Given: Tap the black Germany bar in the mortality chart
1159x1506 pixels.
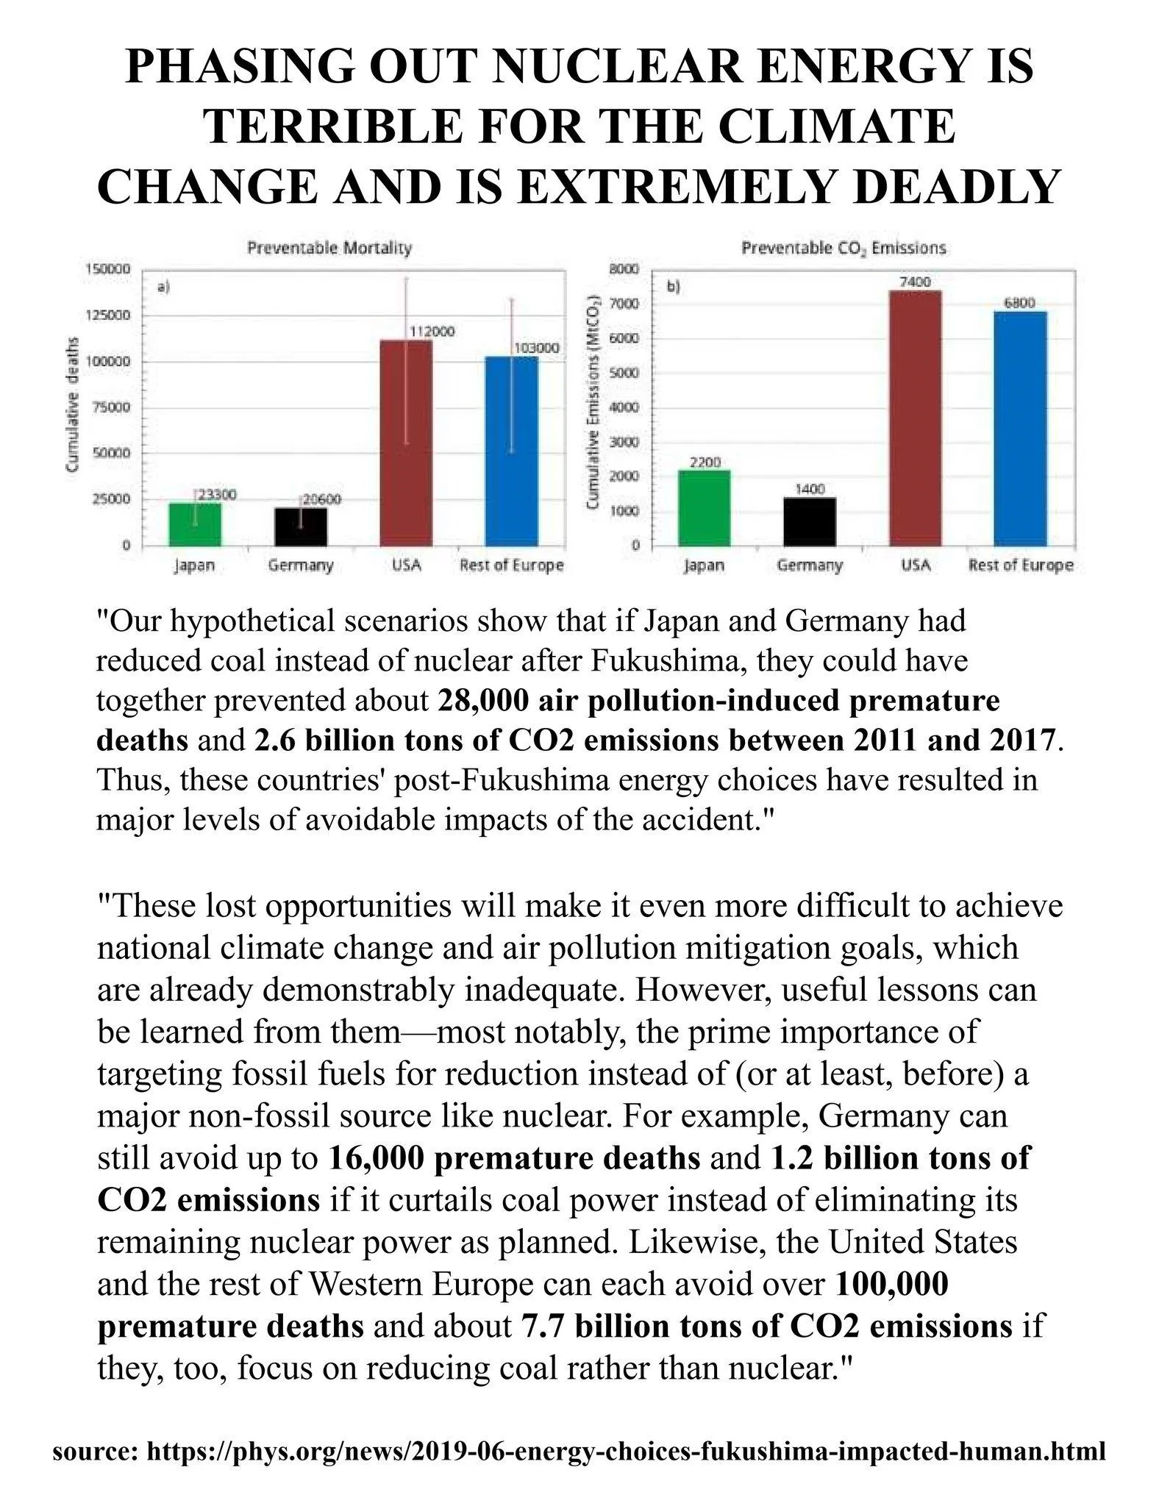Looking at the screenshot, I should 301,527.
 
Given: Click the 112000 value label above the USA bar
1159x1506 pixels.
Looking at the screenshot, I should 432,332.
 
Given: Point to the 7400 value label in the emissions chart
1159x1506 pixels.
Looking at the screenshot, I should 914,282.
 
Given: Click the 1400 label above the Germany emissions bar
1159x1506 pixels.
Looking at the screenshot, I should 810,488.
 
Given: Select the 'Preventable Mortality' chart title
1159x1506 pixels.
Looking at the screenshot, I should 329,248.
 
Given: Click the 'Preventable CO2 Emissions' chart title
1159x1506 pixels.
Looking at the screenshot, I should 844,249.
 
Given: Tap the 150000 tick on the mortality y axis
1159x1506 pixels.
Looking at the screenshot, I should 108,269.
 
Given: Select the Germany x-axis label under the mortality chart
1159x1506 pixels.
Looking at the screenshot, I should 300,565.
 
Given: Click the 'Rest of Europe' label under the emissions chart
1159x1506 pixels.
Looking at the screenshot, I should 1021,565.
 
